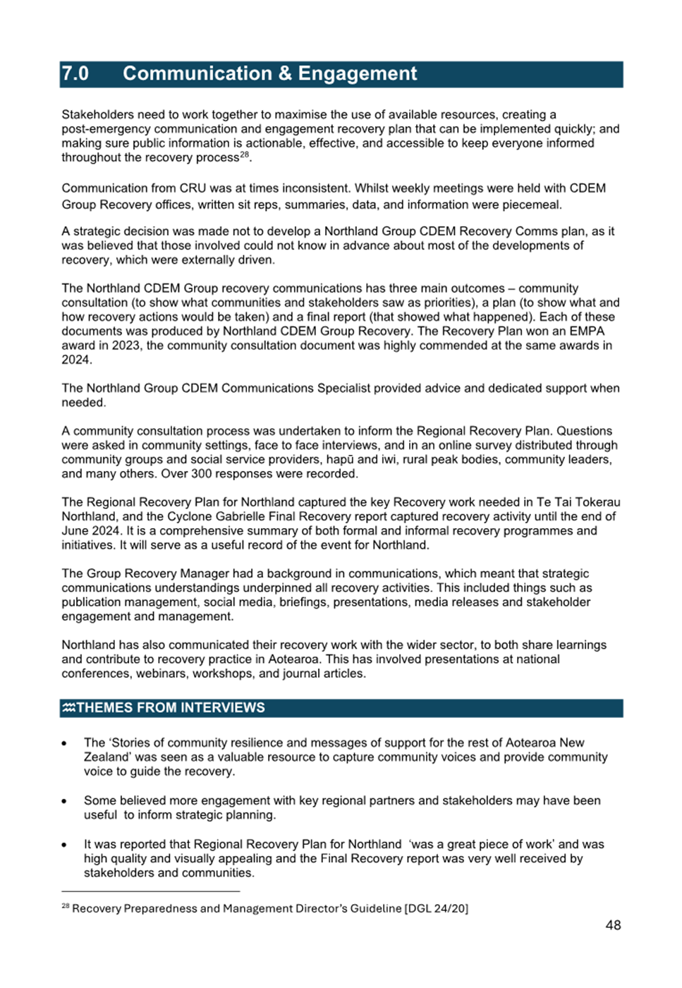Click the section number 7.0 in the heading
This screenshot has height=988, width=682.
point(75,74)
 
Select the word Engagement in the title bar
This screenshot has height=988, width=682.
point(357,74)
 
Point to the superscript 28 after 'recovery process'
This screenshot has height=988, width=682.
point(244,154)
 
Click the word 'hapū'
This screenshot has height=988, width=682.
point(340,460)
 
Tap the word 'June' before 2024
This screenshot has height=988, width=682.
point(75,531)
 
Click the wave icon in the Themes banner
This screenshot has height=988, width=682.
point(68,708)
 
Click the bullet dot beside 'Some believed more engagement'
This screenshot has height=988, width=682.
point(64,801)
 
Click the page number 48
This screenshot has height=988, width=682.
point(613,925)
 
